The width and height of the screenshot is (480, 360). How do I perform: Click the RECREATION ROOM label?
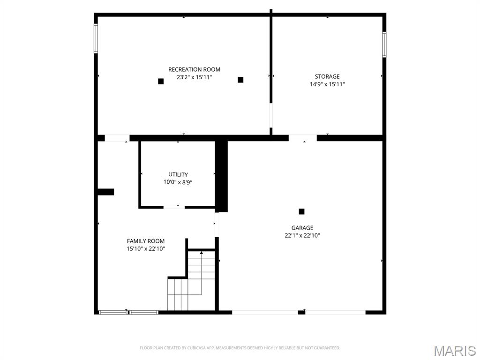coord(194,69)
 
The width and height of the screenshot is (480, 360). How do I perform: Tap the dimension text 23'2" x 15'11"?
coord(194,77)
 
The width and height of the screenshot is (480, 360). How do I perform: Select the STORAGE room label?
coord(327,76)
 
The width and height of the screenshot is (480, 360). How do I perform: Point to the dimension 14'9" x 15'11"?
coord(327,84)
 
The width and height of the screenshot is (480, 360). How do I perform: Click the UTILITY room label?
coord(178,174)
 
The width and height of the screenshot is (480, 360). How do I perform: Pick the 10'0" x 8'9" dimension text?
coord(178,182)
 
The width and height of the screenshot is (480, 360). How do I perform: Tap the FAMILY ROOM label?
coord(146,241)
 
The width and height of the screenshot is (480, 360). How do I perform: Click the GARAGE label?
coord(302,228)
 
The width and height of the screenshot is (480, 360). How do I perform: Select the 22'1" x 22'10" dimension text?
coord(302,236)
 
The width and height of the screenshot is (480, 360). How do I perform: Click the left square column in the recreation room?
coord(161,81)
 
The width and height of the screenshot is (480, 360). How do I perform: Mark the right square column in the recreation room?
coord(240,80)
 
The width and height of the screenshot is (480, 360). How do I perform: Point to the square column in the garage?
coord(301,211)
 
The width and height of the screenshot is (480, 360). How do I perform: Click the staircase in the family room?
coord(192,281)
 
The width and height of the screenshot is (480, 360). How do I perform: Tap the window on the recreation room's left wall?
coord(96,38)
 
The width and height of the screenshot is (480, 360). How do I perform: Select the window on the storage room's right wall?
coord(384,45)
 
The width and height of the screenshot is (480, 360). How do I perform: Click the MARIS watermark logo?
coord(455,350)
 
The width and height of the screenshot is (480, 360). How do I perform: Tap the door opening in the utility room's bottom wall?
coord(174,207)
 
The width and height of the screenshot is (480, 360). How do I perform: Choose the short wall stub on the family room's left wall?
coord(105,192)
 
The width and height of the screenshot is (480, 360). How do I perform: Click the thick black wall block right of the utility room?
coord(221,176)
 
